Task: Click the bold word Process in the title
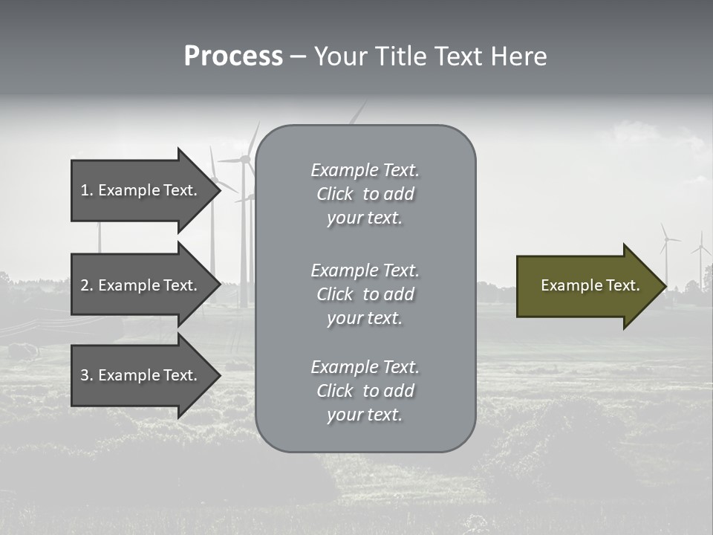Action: (233, 56)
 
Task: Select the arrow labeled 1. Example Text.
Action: (141, 190)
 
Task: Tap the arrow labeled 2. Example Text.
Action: (141, 285)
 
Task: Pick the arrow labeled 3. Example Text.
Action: (141, 375)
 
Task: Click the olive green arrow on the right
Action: (587, 285)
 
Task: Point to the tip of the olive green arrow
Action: (665, 286)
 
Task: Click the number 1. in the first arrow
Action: (86, 190)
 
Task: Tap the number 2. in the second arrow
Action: (86, 285)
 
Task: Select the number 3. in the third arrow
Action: (86, 375)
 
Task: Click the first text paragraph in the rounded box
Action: (365, 194)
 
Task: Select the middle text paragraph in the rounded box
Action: (365, 294)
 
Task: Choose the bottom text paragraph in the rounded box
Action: (365, 391)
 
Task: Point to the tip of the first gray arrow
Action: (220, 190)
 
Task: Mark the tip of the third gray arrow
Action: (220, 375)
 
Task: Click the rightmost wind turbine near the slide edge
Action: (700, 256)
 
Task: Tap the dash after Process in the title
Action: (298, 56)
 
